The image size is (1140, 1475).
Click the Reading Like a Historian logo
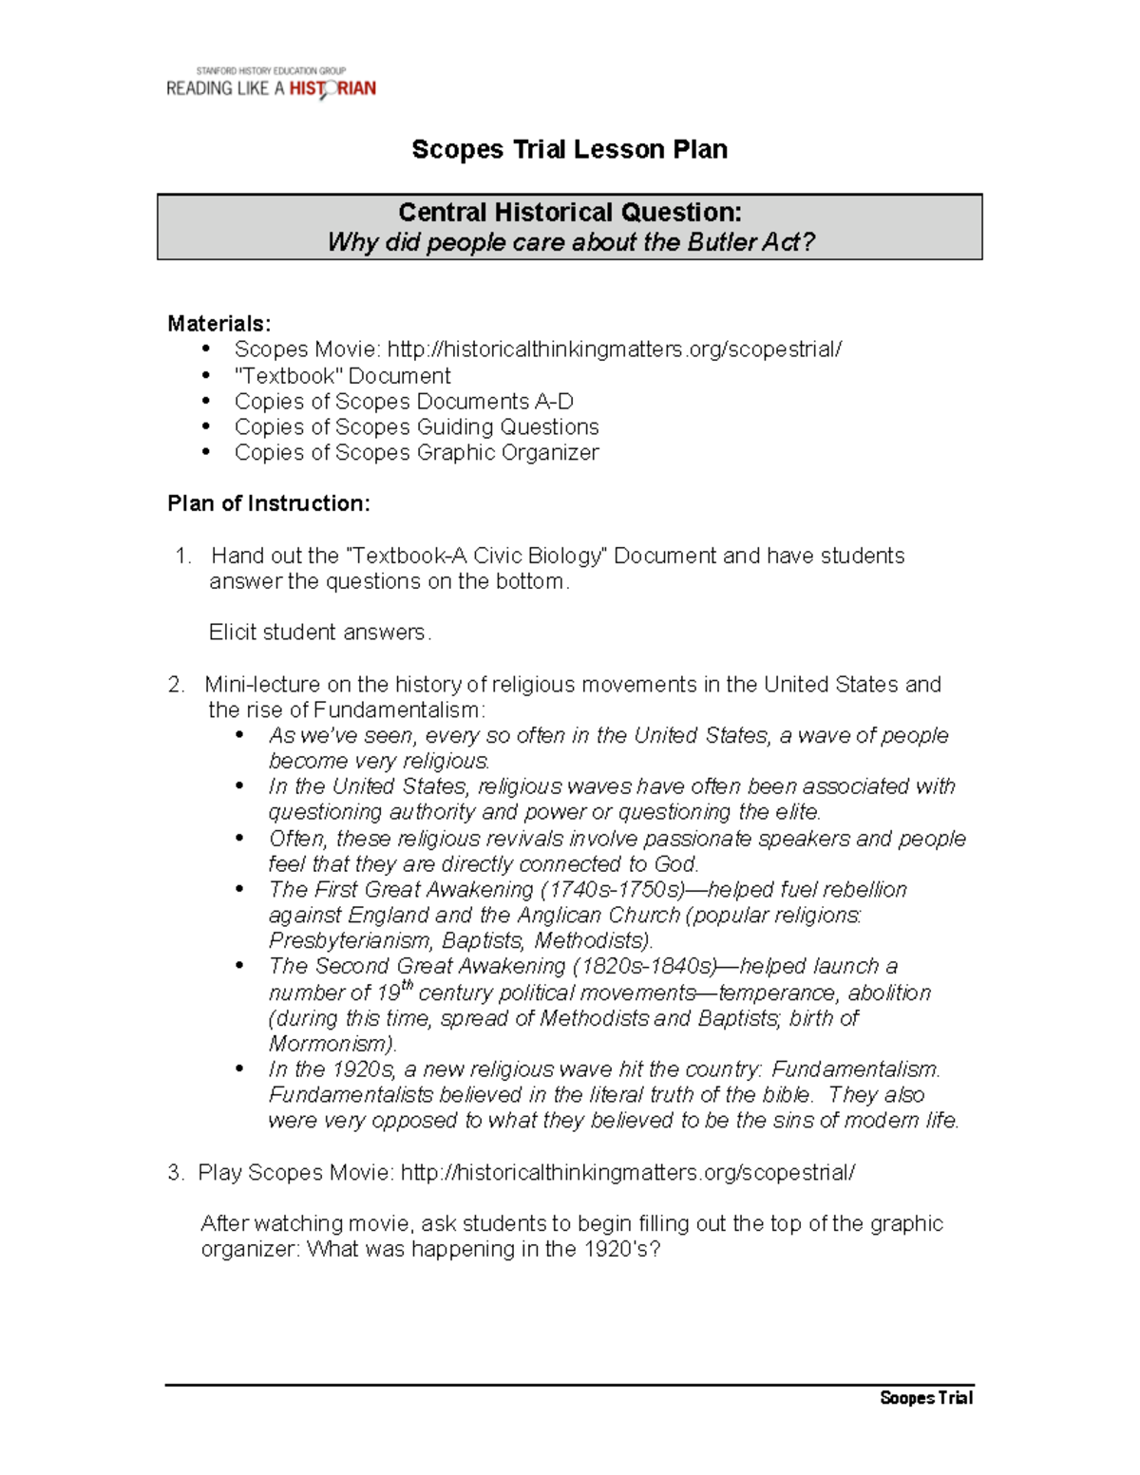pos(271,85)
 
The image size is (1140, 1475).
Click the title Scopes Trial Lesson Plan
pos(569,150)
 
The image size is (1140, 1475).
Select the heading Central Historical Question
pos(569,212)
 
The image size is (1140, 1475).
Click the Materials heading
pos(218,324)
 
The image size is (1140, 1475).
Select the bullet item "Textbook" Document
pos(342,376)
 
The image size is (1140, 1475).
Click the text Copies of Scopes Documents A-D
pos(404,402)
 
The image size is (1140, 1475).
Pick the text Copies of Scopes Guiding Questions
pos(416,427)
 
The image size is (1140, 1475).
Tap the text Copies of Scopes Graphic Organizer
pos(416,453)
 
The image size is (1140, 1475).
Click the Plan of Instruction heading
pos(268,503)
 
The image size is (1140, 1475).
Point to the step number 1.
pos(183,557)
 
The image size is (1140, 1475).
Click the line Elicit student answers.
pos(319,633)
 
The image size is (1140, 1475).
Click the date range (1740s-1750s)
pos(612,890)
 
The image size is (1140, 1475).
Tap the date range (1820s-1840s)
pos(644,967)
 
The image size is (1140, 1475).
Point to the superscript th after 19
pos(408,986)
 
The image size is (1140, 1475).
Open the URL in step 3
pos(627,1173)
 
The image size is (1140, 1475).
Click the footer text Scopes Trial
pos(925,1397)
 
